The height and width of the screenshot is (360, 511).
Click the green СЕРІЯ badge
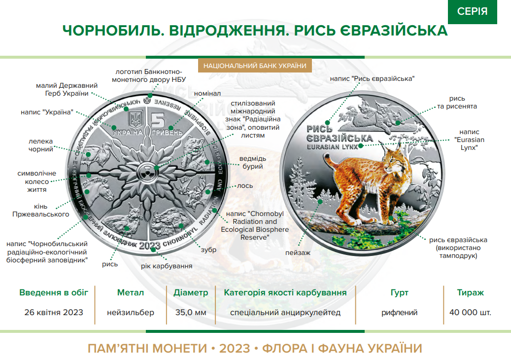pyautogui.click(x=472, y=11)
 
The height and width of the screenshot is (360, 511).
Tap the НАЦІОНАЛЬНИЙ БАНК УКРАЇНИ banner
pyautogui.click(x=255, y=66)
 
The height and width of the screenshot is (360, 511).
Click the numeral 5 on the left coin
pyautogui.click(x=157, y=120)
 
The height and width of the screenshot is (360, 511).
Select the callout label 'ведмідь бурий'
pyautogui.click(x=252, y=163)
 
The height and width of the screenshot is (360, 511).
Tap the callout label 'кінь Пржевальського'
pyautogui.click(x=38, y=211)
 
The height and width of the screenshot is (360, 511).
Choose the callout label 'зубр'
pyautogui.click(x=209, y=250)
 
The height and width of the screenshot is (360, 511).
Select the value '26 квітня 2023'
pyautogui.click(x=54, y=312)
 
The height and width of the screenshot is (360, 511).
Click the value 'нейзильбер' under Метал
pyautogui.click(x=131, y=312)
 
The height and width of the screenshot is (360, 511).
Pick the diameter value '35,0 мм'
pyautogui.click(x=191, y=312)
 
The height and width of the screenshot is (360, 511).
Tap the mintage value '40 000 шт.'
pyautogui.click(x=470, y=312)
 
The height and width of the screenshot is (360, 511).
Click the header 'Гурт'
pyautogui.click(x=399, y=292)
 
